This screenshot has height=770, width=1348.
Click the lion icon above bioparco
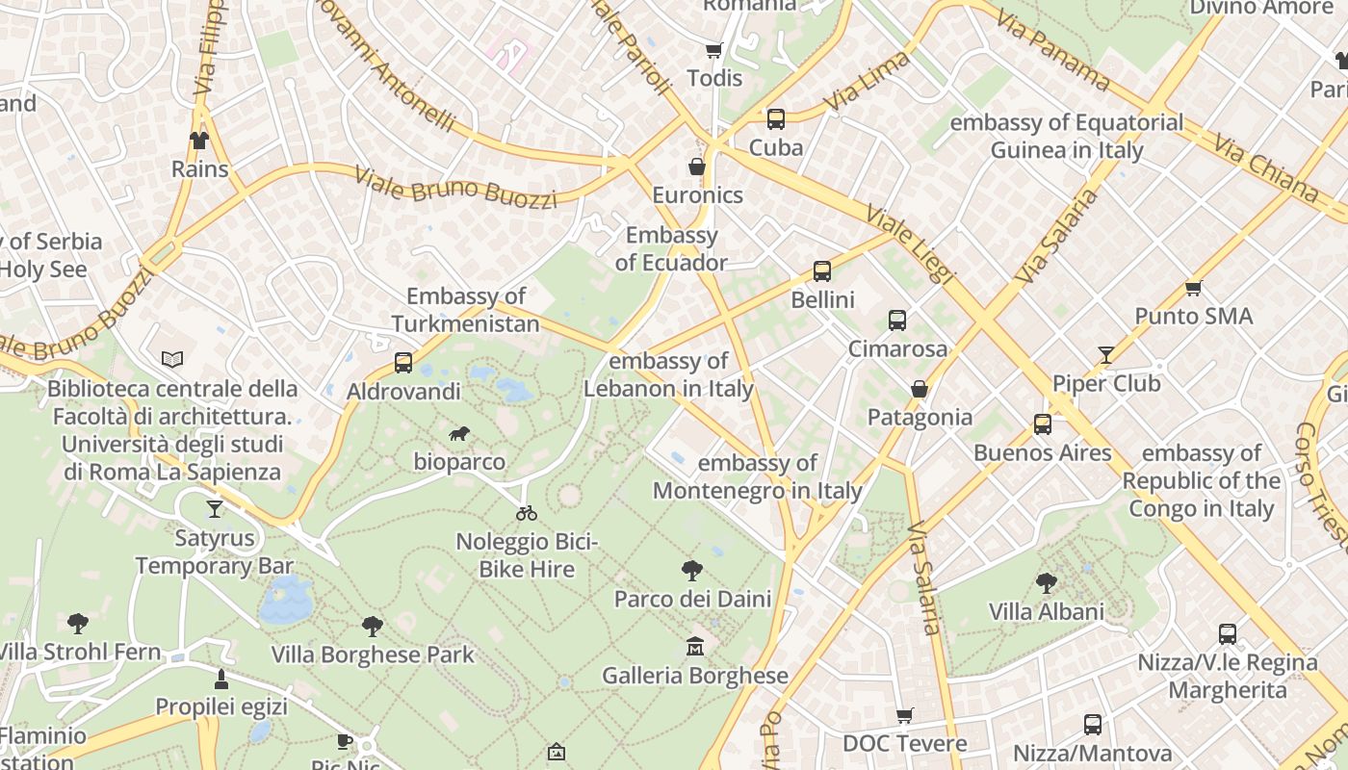(x=459, y=434)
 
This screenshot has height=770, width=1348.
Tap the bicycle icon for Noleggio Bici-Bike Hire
(x=527, y=513)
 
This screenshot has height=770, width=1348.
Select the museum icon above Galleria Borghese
(x=694, y=647)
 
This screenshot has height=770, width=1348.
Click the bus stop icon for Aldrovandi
(x=403, y=363)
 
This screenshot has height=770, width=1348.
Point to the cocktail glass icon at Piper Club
(x=1106, y=355)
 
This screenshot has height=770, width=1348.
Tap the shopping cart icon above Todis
(x=713, y=50)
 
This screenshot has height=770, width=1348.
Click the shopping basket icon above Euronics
(x=697, y=167)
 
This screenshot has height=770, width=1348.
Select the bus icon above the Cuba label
(x=775, y=119)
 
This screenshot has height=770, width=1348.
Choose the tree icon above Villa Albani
(x=1047, y=583)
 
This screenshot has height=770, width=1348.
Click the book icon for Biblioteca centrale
(x=172, y=360)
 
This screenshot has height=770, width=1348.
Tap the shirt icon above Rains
(x=199, y=141)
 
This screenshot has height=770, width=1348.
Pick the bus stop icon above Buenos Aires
(x=1042, y=424)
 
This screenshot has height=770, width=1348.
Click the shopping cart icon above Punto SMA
(x=1194, y=288)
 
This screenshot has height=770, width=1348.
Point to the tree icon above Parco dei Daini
(x=691, y=571)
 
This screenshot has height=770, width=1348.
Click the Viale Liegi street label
(x=910, y=244)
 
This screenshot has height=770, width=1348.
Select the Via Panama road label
(x=1052, y=49)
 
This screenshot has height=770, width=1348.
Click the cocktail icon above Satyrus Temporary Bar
(x=214, y=509)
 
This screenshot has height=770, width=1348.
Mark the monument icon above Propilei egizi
(x=221, y=680)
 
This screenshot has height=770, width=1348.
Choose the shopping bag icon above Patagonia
(x=920, y=389)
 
